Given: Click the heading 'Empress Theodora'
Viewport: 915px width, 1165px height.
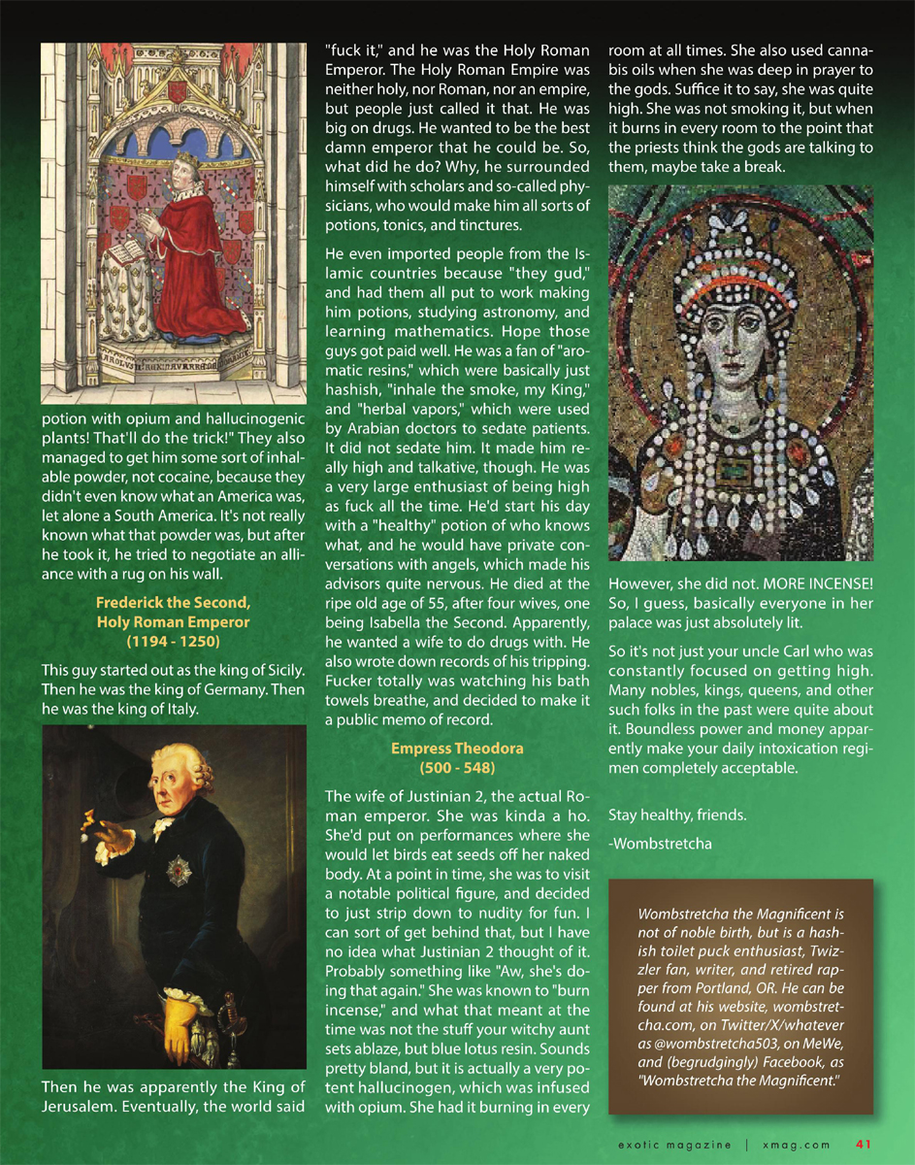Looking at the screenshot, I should click(457, 749).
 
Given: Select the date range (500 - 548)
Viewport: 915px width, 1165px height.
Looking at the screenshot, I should click(457, 768).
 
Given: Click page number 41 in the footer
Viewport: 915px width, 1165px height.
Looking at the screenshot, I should click(864, 1143).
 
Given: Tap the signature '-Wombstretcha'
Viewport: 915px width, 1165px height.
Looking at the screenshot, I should click(660, 843).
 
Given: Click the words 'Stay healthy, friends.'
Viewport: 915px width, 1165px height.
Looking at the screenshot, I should click(677, 814).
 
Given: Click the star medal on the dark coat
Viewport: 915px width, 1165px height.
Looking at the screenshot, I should click(178, 869).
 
